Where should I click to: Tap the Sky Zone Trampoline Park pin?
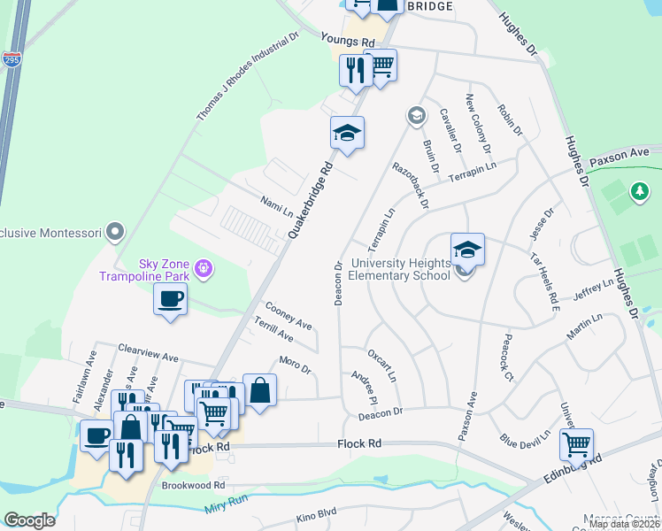click(204, 266)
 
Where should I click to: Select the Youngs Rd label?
click(349, 42)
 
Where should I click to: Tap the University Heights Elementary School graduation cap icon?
click(467, 249)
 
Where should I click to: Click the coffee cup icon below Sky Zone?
click(171, 298)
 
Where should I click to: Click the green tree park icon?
click(639, 190)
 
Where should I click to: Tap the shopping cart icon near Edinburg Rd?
click(576, 443)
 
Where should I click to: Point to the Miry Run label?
click(224, 507)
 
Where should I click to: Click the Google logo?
click(29, 519)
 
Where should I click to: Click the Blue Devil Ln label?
click(524, 437)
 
